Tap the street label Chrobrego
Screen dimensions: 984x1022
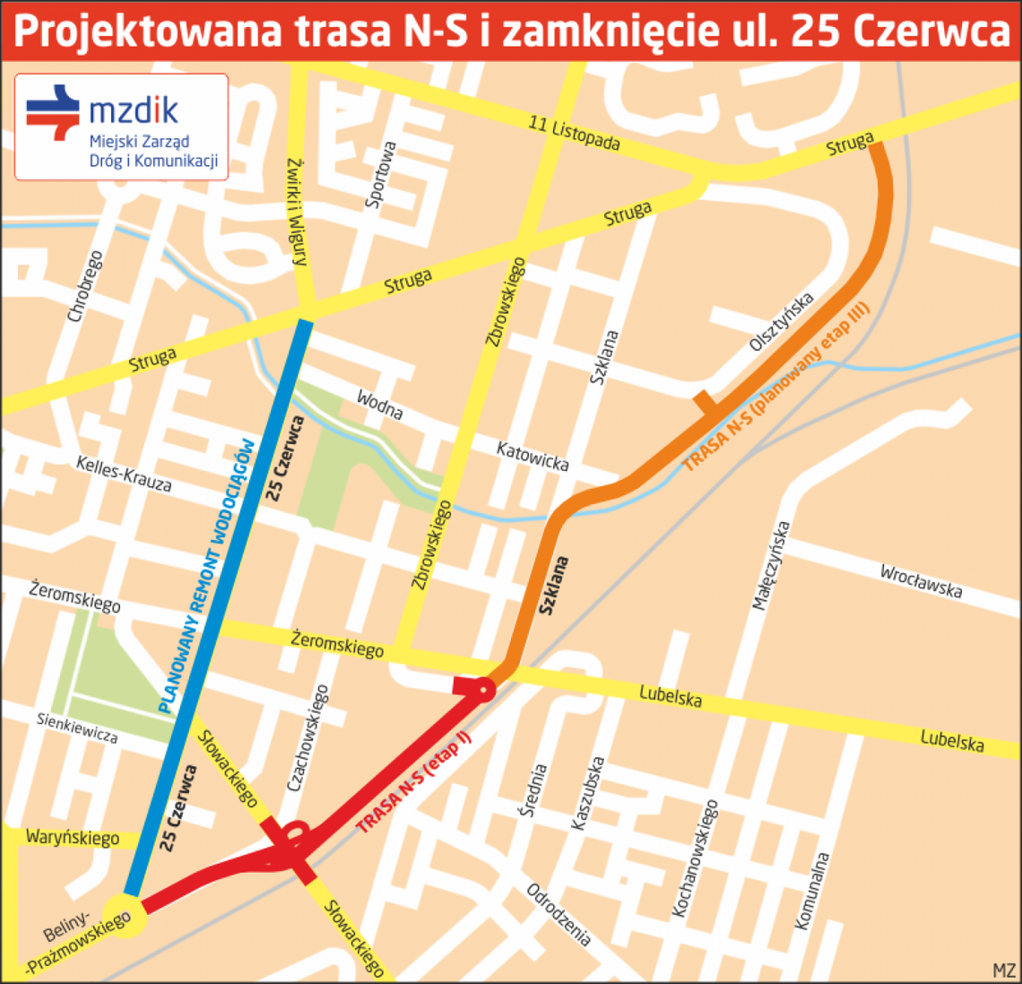85,287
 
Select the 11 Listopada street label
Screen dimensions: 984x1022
574,134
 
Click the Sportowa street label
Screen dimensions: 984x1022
381,175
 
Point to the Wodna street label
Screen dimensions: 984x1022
379,405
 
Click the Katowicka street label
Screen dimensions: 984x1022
533,456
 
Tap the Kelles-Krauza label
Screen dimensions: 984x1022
124,474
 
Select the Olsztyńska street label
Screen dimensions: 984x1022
782,321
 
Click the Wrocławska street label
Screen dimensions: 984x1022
921,580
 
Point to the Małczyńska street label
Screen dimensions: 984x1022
771,566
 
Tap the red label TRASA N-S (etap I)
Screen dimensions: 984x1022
413,783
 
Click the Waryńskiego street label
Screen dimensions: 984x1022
73,838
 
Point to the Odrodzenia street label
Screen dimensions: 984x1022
559,915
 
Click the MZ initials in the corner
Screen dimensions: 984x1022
1004,971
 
